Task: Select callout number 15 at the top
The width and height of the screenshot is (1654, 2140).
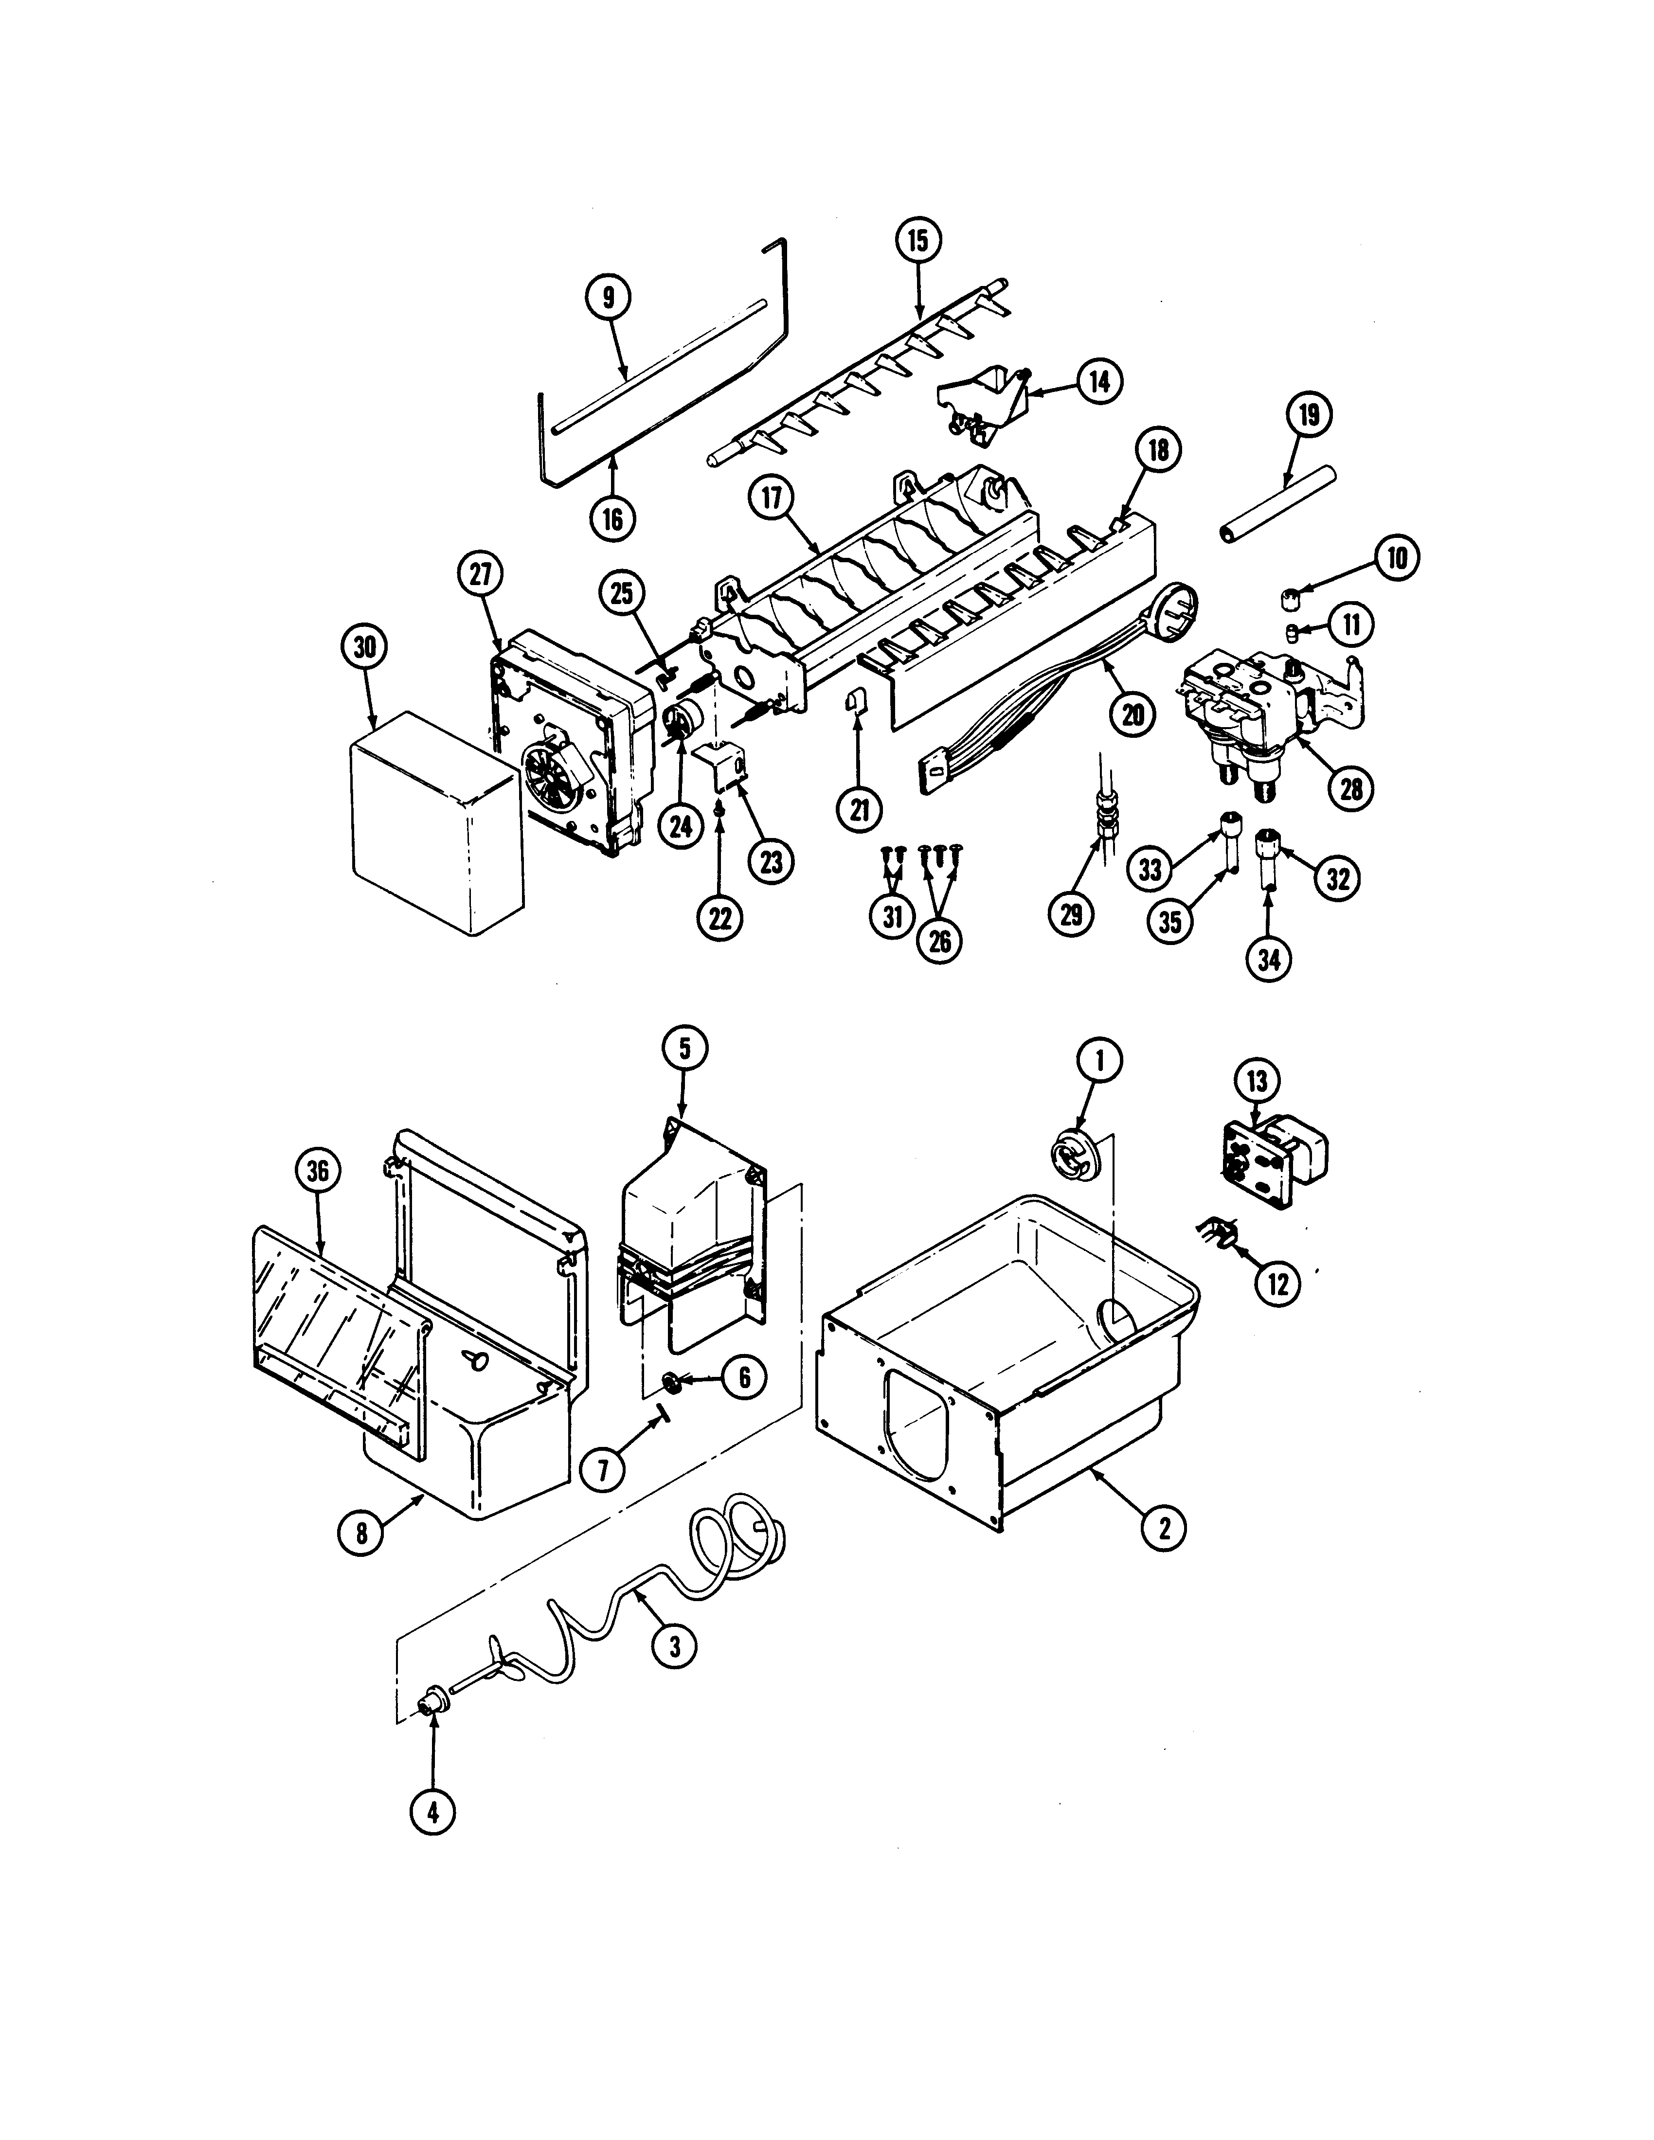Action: [x=917, y=241]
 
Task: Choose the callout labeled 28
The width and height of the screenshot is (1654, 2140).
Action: [x=1351, y=788]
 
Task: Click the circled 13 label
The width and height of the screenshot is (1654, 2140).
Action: [x=1257, y=1082]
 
